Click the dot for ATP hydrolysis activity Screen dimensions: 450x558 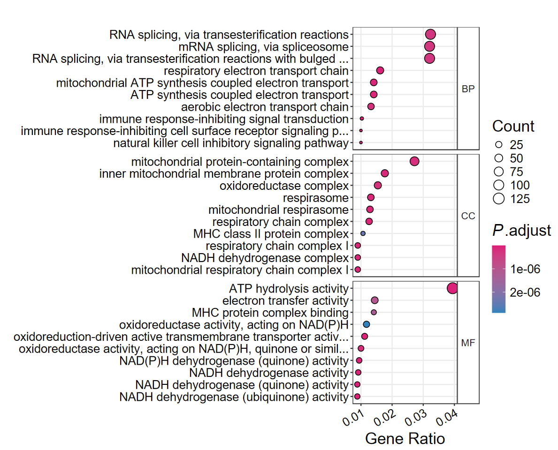pos(452,288)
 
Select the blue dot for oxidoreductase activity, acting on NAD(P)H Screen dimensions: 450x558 pos(367,324)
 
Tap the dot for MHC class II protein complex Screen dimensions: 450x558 pos(363,233)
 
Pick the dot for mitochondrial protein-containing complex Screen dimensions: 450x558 pos(414,161)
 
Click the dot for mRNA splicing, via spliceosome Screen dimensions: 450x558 pos(429,46)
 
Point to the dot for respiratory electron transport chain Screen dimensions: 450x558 pos(380,70)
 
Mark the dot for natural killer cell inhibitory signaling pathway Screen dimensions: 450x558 pos(361,142)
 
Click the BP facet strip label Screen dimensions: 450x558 pos(468,89)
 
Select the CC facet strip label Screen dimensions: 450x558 pos(468,216)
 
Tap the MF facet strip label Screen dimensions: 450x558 pos(468,343)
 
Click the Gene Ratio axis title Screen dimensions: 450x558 pos(405,439)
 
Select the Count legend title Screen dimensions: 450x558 pos(513,127)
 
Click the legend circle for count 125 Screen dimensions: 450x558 pos(499,199)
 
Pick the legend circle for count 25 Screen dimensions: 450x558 pos(499,144)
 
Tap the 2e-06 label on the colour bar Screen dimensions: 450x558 pos(525,292)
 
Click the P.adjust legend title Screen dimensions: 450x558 pos(521,231)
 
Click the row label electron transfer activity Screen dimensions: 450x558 pos(285,300)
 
